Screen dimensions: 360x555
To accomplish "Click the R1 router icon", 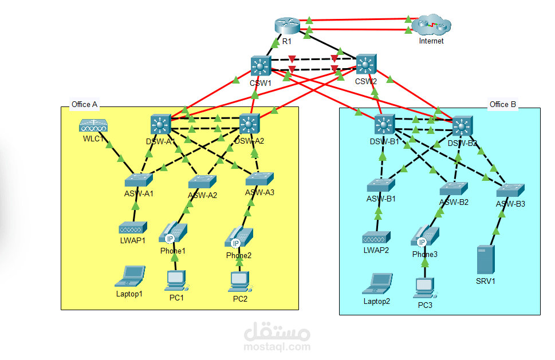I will click(287, 26).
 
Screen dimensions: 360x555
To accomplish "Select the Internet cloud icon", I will click(432, 26).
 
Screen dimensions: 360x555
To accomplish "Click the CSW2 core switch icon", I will click(367, 65).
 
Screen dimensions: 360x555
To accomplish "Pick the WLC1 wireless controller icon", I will click(93, 125).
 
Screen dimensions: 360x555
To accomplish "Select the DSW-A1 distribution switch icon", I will click(161, 124).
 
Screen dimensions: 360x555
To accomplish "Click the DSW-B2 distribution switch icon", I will click(463, 126).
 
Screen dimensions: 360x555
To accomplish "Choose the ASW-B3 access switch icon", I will click(510, 191).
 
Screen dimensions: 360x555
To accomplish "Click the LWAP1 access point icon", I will click(133, 228).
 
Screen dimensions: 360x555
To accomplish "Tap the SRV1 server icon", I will click(485, 260).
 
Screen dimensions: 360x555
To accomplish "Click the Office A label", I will click(84, 104).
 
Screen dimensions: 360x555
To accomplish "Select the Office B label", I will click(502, 104).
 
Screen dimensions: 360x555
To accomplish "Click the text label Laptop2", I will click(376, 301).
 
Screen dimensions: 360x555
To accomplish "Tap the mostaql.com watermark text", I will click(277, 346).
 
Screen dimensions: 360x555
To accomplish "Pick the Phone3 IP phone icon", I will click(425, 237).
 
